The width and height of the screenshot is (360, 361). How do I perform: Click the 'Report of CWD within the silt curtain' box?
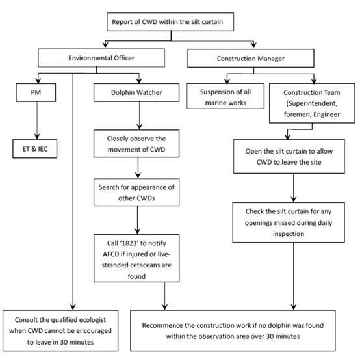click(170, 22)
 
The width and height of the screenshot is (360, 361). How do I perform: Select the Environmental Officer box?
click(101, 58)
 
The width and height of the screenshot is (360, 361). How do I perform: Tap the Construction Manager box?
click(250, 59)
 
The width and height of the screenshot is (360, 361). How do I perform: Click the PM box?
click(36, 92)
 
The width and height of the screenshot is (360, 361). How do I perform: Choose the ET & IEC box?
click(34, 149)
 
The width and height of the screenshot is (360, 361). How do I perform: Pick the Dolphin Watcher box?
click(136, 92)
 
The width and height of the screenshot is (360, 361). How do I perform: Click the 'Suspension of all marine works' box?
click(225, 96)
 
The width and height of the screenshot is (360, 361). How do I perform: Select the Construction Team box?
click(312, 103)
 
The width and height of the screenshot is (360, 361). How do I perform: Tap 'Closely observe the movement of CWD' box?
click(136, 144)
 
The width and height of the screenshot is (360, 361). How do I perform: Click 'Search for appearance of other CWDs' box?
click(136, 193)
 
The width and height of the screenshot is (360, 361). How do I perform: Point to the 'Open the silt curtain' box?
click(289, 156)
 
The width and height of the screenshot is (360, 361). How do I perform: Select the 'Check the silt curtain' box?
click(289, 222)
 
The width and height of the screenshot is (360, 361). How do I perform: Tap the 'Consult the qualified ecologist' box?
click(60, 330)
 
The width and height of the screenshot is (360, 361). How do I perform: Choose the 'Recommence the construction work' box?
click(233, 330)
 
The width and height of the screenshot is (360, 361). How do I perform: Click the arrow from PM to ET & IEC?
click(37, 120)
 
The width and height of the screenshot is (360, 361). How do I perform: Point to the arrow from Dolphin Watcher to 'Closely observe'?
click(140, 116)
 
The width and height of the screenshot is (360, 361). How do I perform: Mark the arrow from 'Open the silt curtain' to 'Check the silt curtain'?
click(294, 188)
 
